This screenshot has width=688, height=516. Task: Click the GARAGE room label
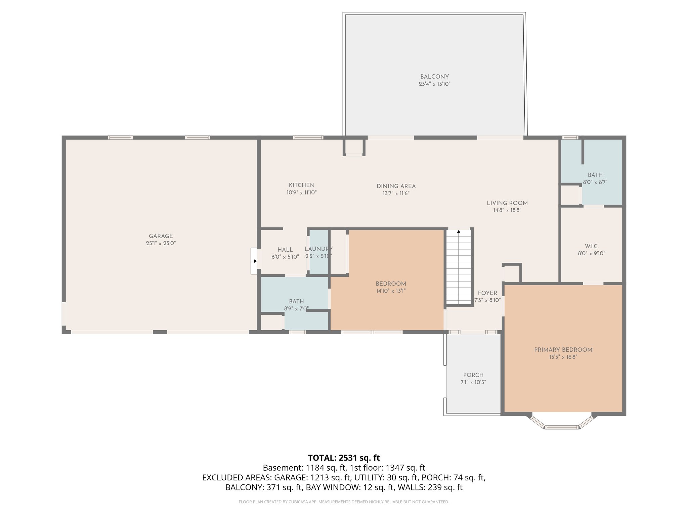tap(161, 236)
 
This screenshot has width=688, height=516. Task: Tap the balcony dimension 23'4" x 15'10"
tap(434, 84)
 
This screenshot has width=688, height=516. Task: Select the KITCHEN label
tap(302, 185)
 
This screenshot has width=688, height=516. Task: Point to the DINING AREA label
tap(396, 186)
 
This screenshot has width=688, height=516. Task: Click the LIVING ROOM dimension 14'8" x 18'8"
tap(507, 210)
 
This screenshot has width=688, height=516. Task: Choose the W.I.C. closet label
tap(591, 246)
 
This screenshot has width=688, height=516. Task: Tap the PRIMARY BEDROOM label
tap(563, 350)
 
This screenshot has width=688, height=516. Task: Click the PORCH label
tap(473, 375)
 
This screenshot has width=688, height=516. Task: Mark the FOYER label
tap(487, 293)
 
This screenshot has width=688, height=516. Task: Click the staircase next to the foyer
tap(459, 269)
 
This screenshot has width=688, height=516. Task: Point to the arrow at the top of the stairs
tap(459, 231)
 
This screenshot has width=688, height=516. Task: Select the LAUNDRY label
tap(318, 249)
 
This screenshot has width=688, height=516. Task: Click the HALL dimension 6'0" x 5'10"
tap(285, 257)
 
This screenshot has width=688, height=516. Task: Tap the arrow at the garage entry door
tap(255, 261)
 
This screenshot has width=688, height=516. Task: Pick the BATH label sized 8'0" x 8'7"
tap(595, 175)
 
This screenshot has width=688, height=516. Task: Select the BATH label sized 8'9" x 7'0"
tap(296, 301)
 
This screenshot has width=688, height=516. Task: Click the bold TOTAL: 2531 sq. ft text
tap(344, 458)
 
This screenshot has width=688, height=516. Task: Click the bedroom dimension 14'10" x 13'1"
tap(391, 291)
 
